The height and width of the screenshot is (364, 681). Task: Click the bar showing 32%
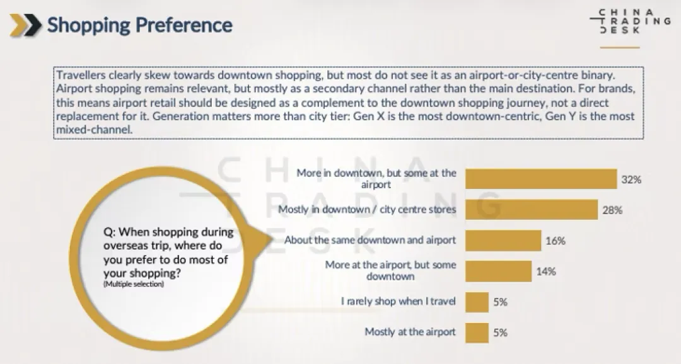tap(540, 179)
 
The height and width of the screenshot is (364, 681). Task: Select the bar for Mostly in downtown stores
tap(532, 210)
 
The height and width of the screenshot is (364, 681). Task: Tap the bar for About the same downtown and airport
tap(503, 241)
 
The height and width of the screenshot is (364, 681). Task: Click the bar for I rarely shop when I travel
tap(477, 302)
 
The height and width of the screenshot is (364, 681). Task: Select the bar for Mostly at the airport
tap(477, 332)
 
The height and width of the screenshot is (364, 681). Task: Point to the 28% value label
tap(612, 210)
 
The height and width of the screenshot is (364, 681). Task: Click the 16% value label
tap(556, 241)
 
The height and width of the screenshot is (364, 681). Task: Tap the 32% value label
tap(631, 179)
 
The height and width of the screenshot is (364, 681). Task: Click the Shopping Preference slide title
tap(139, 25)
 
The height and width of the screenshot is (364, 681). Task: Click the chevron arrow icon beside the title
tap(26, 25)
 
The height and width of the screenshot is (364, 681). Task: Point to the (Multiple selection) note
tap(133, 285)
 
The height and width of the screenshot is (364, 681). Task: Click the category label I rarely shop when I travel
tap(398, 302)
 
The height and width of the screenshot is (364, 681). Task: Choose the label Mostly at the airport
tap(410, 332)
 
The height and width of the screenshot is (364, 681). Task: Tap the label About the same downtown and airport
tap(370, 241)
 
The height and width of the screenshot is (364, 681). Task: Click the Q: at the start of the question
tap(110, 232)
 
